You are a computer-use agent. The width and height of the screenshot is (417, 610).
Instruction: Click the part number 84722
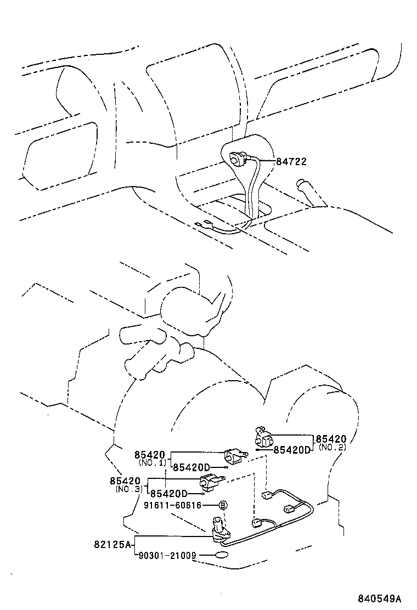[291, 161]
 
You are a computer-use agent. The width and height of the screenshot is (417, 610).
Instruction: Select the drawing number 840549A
[380, 598]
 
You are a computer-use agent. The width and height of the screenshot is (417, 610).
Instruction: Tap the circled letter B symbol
[223, 505]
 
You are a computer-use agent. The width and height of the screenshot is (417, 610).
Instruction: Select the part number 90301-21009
[166, 556]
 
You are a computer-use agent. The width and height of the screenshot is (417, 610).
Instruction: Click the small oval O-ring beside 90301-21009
[221, 556]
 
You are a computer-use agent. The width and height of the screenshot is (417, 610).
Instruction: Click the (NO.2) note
[332, 447]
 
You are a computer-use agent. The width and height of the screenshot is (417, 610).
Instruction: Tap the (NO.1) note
[152, 463]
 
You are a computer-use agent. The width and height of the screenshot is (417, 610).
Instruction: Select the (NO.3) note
[129, 489]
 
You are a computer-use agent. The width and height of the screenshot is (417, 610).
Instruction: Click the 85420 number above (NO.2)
[331, 439]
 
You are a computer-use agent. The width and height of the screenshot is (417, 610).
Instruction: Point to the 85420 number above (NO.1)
[150, 455]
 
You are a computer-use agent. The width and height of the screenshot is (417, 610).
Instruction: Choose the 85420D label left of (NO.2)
[292, 450]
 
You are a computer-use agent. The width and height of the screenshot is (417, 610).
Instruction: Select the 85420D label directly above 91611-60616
[169, 493]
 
